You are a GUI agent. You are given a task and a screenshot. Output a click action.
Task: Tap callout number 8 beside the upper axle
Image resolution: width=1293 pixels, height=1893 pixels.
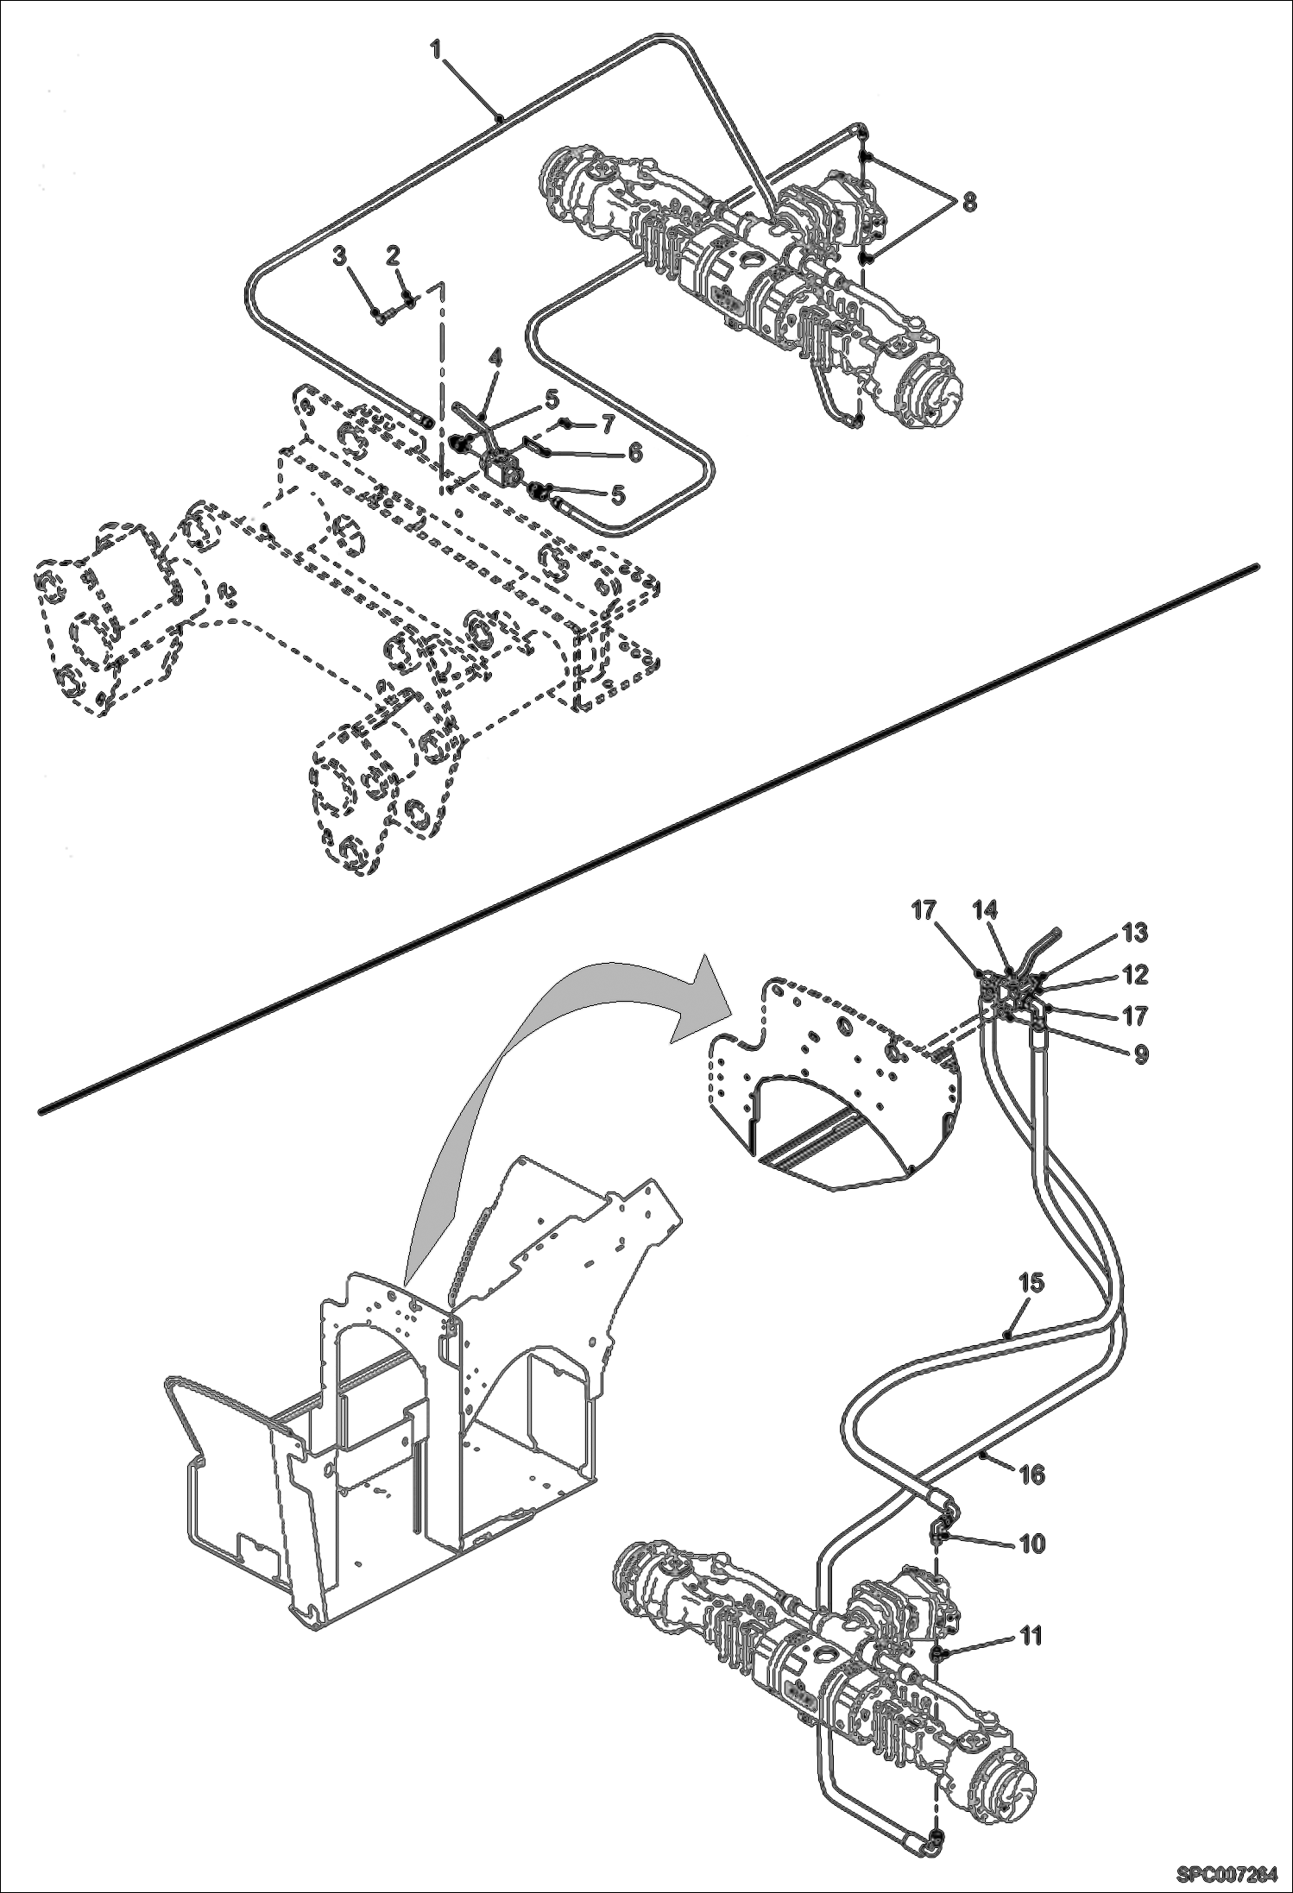click(969, 203)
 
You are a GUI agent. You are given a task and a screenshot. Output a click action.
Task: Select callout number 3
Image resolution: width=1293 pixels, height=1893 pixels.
click(339, 256)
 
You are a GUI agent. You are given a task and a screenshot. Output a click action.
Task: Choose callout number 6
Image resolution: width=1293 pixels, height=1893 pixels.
click(634, 452)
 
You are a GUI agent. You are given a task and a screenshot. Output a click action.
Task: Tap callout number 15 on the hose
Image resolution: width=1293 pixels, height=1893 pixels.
click(1031, 1283)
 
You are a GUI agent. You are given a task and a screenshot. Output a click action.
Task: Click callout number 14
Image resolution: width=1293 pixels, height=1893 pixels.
click(985, 910)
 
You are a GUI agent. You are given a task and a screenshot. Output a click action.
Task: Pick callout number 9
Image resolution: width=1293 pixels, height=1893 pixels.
click(1141, 1055)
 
